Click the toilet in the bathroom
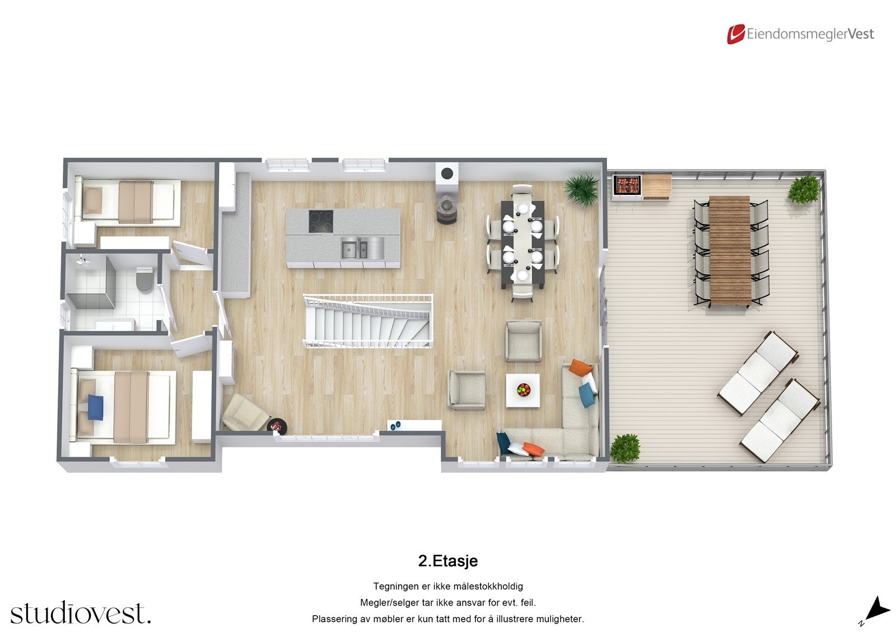click(x=144, y=279)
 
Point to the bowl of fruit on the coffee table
click(x=522, y=389)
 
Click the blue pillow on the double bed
click(x=96, y=405)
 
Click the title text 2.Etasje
click(x=447, y=561)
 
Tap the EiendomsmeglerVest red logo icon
click(x=735, y=34)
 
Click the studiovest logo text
click(x=80, y=613)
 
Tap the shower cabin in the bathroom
click(x=91, y=284)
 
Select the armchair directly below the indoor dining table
click(x=523, y=340)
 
